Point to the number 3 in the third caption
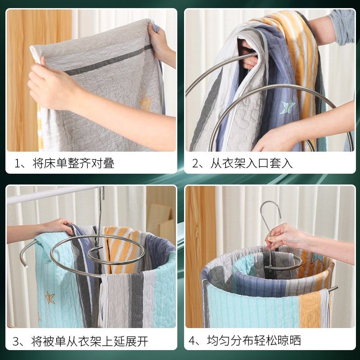[17, 341]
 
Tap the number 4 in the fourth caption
[194, 341]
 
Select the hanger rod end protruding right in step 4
[333, 288]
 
